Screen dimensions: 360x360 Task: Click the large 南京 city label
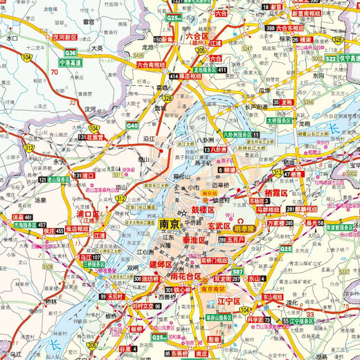[x=170, y=224]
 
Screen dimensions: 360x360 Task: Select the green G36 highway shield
[x=71, y=52]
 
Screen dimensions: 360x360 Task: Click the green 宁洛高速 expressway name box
[x=71, y=61]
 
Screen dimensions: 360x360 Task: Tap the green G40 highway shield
[x=132, y=125]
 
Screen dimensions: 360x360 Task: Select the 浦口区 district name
[x=89, y=215]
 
